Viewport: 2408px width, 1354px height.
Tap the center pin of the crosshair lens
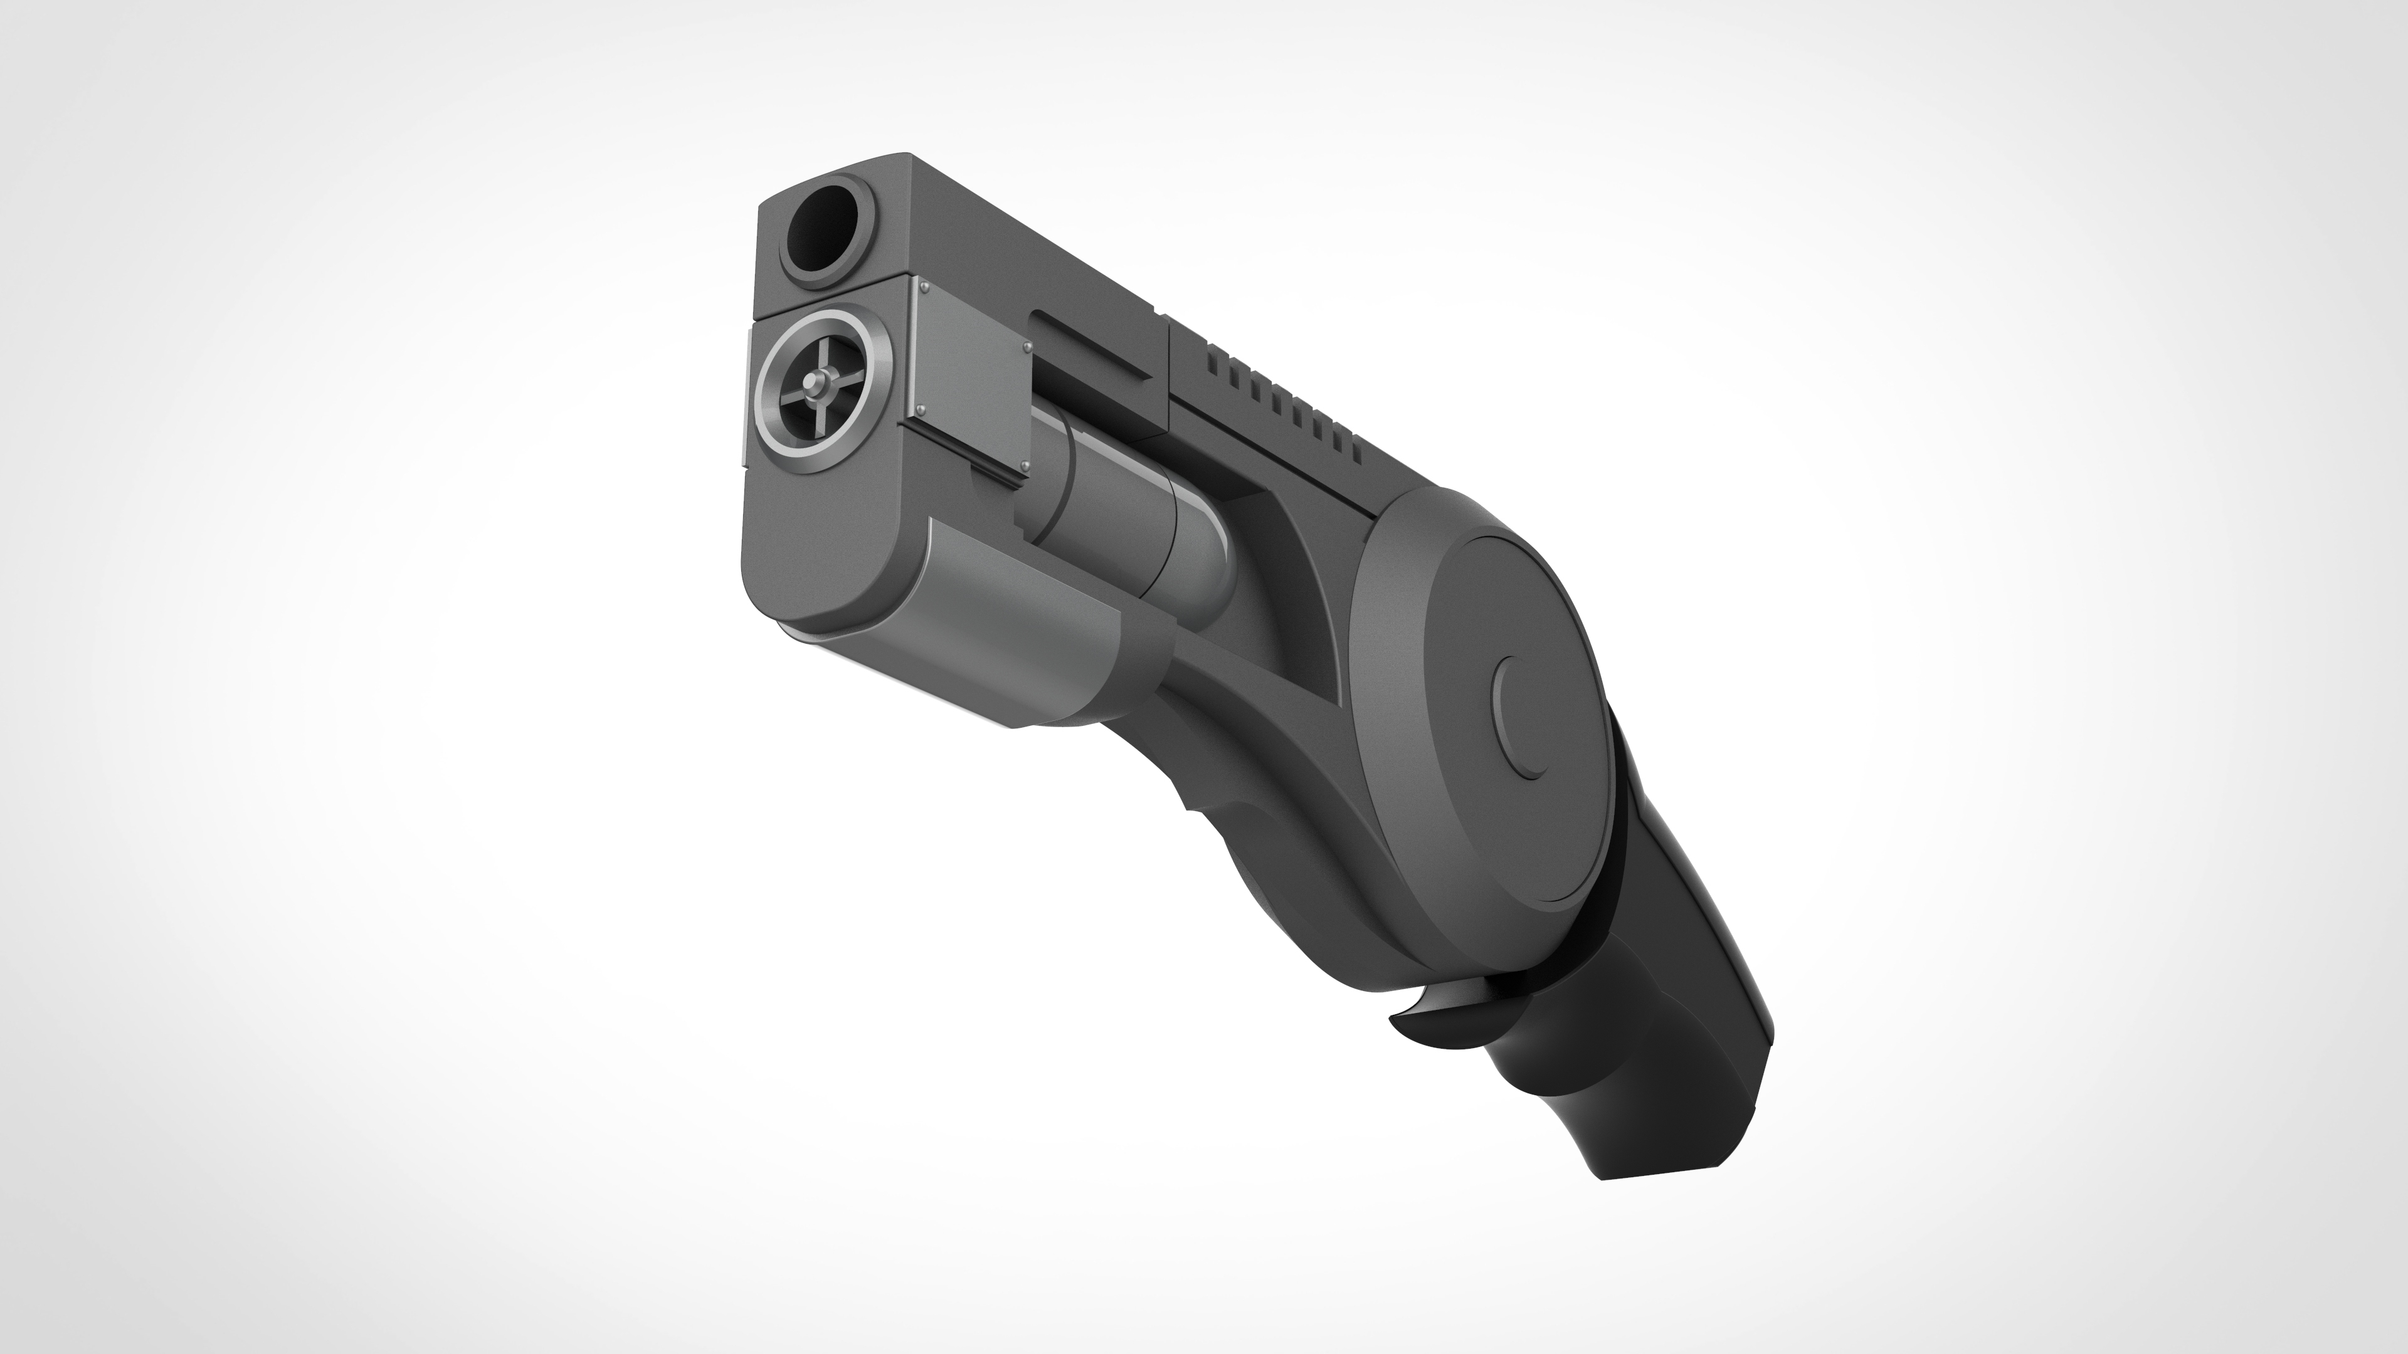pyautogui.click(x=820, y=382)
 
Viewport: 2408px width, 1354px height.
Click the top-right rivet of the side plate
pyautogui.click(x=1027, y=347)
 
